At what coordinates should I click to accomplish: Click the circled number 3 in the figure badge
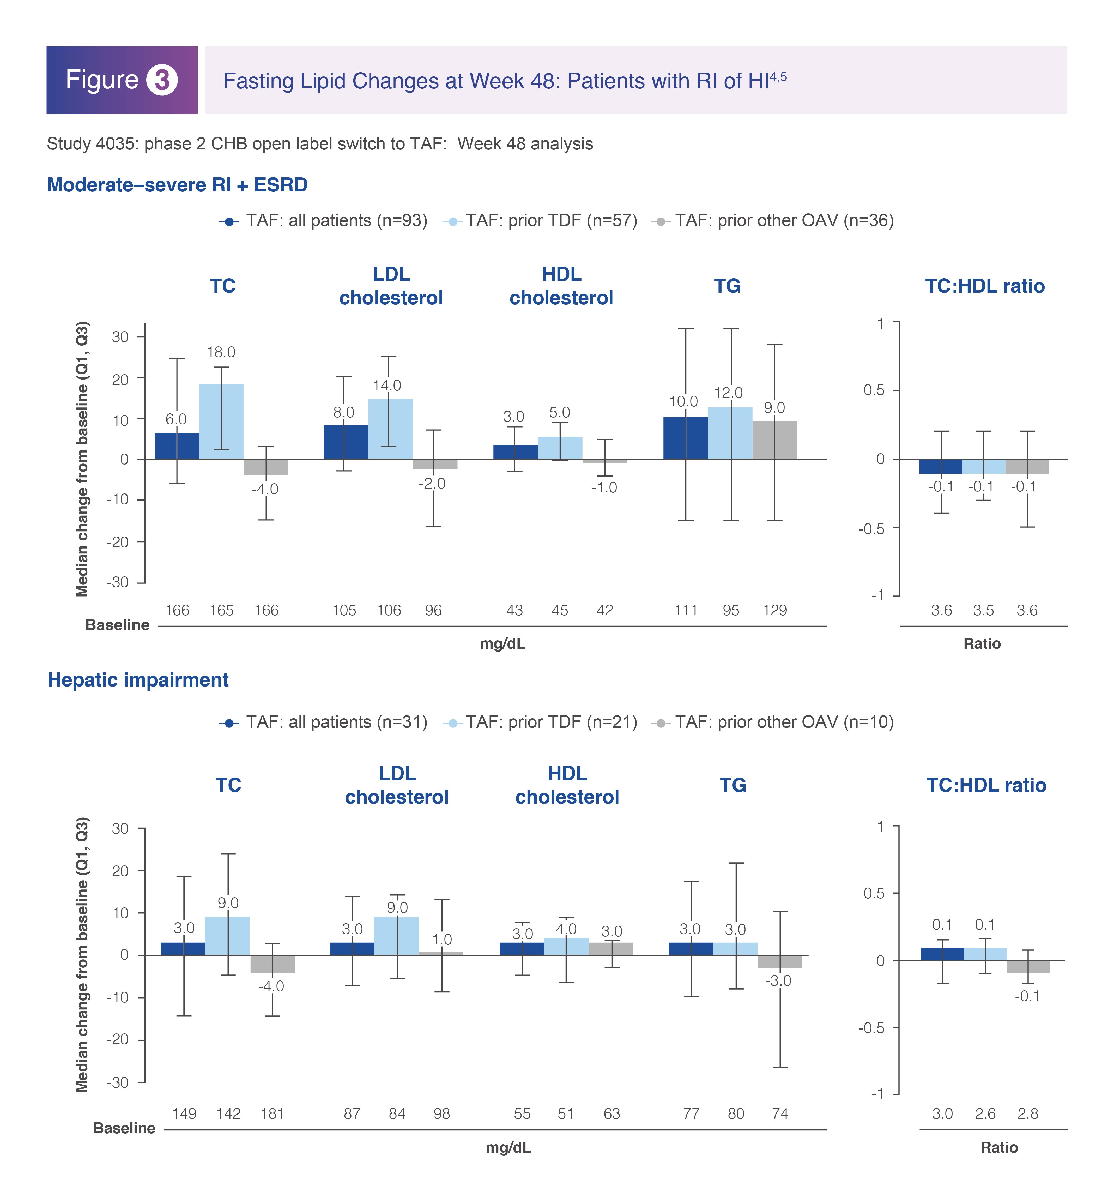162,80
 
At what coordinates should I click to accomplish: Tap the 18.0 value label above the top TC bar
221,352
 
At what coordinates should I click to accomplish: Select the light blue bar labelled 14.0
391,429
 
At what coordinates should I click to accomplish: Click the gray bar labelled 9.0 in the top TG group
775,440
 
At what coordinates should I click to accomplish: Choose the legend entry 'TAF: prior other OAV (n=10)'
773,722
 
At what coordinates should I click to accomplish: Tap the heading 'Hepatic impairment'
138,680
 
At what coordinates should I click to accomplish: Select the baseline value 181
273,1113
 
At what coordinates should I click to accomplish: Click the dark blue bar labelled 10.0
685,438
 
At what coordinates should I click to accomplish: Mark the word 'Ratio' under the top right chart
982,644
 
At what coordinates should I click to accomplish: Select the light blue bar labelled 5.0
560,448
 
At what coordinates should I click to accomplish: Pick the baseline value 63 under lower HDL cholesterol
612,1113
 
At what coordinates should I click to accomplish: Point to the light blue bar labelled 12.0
730,433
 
